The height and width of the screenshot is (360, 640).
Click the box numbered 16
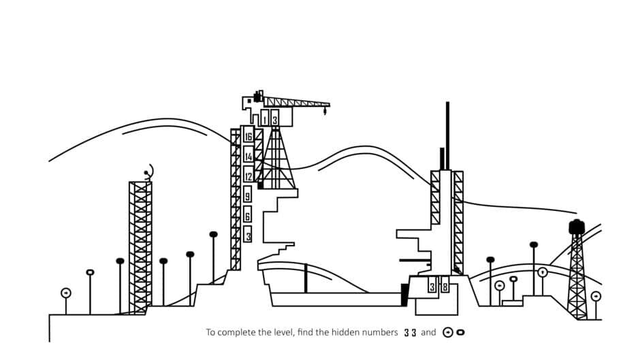pos(248,137)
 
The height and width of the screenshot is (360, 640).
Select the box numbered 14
pos(248,157)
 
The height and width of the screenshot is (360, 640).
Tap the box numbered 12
pos(248,176)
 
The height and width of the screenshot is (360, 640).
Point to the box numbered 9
pos(247,196)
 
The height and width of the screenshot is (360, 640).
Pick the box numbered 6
pos(247,216)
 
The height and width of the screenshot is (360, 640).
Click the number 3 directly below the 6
pos(248,235)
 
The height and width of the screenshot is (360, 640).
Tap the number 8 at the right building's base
pos(445,287)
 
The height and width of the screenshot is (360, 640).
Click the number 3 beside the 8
pos(432,287)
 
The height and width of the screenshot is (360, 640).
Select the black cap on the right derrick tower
pos(577,226)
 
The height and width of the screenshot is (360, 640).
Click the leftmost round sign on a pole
pos(66,293)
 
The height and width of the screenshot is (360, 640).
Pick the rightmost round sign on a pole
pos(596,296)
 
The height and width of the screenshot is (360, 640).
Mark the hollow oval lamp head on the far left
pos(90,272)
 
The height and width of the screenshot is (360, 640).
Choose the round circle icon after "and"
pos(448,333)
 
